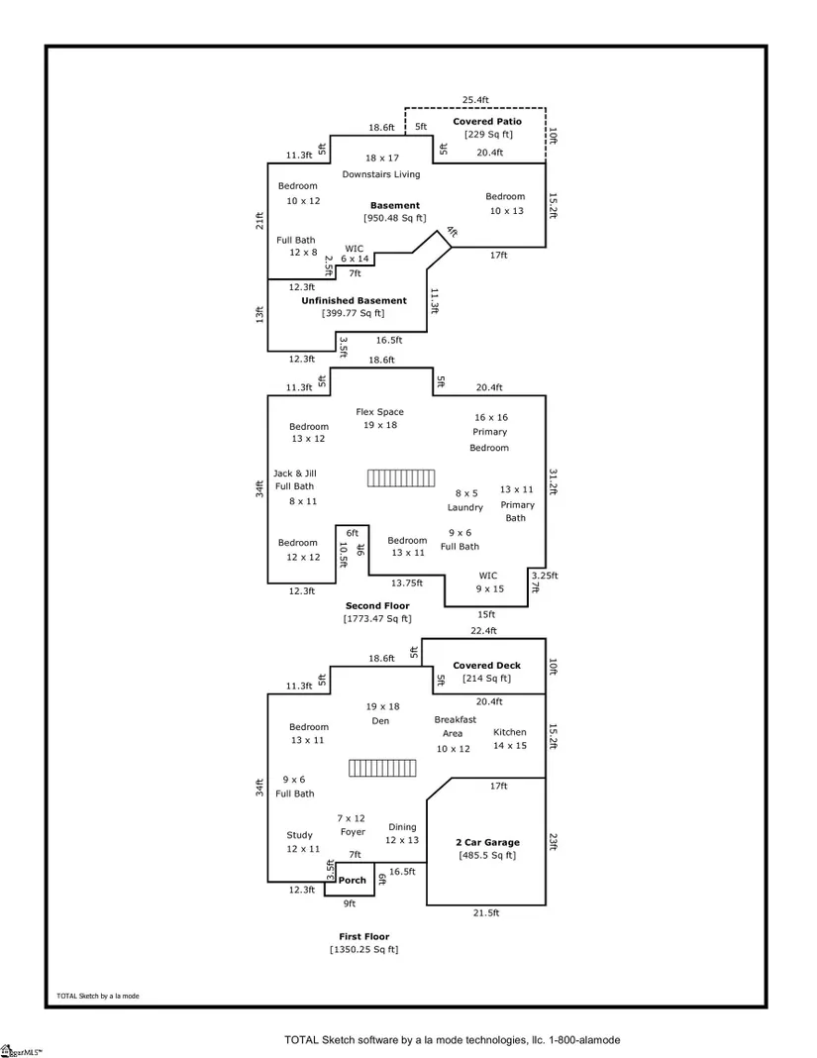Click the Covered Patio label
(x=487, y=122)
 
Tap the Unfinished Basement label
(x=354, y=300)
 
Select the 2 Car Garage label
(x=487, y=843)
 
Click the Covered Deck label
(x=486, y=666)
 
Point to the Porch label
(x=353, y=880)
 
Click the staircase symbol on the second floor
(x=401, y=477)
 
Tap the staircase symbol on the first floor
(x=381, y=769)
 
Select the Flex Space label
(x=380, y=412)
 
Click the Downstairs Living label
(x=381, y=174)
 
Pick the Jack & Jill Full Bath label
(x=294, y=479)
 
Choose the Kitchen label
(x=510, y=732)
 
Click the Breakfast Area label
(x=455, y=726)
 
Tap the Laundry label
(x=465, y=507)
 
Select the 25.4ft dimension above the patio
(x=476, y=99)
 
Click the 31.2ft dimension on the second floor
(x=553, y=480)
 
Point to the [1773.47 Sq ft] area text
(x=377, y=619)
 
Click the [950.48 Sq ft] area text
(x=395, y=218)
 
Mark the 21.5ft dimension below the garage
(x=485, y=913)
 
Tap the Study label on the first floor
(x=299, y=835)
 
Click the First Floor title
(x=364, y=936)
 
